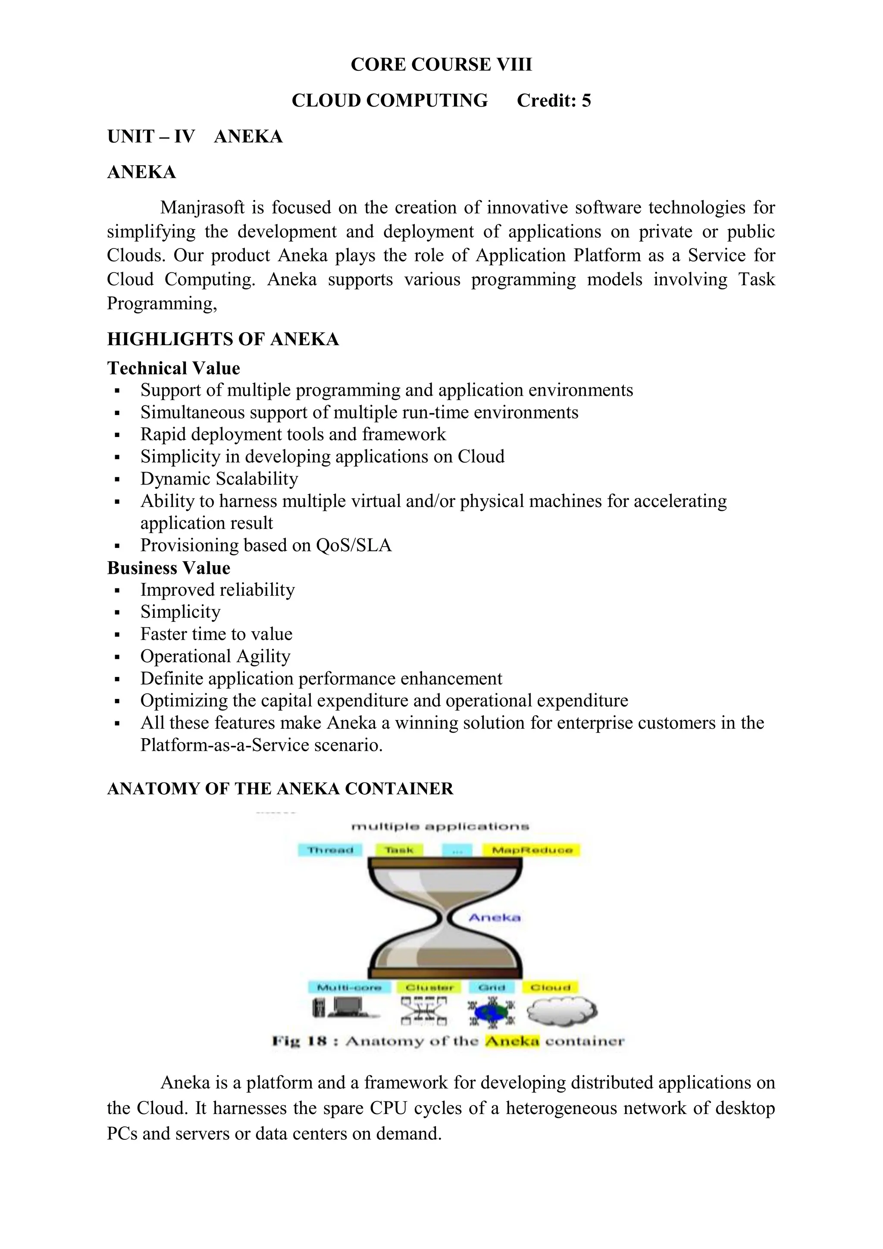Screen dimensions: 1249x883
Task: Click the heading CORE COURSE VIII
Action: tap(441, 65)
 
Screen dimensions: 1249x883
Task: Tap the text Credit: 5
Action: tap(554, 101)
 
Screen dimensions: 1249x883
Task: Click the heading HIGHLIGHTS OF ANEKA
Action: tap(223, 339)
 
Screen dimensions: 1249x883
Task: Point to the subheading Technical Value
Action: tap(173, 368)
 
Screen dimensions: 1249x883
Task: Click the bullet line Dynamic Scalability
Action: tap(219, 479)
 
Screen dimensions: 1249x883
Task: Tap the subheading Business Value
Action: tap(169, 568)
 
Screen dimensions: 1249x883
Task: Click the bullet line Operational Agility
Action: tap(215, 656)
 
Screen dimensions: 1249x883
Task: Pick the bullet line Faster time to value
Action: tap(216, 634)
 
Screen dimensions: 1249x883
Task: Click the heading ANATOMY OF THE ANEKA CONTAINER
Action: tap(280, 789)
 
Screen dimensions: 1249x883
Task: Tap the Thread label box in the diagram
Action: tap(330, 850)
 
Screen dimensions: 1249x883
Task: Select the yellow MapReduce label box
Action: tap(532, 850)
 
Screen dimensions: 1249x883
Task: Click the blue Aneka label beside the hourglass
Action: tap(494, 918)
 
